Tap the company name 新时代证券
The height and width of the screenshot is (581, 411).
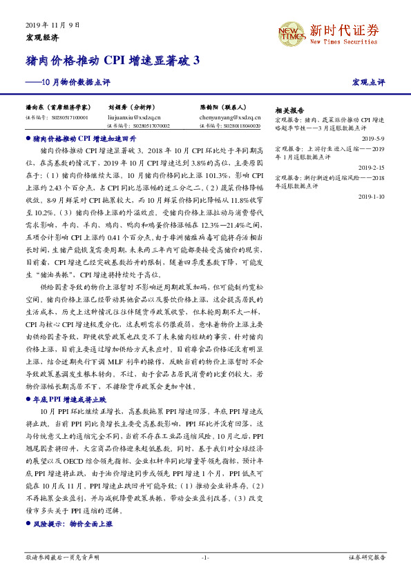point(343,30)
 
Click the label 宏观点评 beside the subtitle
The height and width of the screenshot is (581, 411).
point(368,82)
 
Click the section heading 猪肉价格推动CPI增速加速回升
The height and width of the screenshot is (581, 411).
point(89,139)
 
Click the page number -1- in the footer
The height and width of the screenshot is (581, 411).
point(205,557)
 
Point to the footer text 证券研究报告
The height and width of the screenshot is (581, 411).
point(366,557)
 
